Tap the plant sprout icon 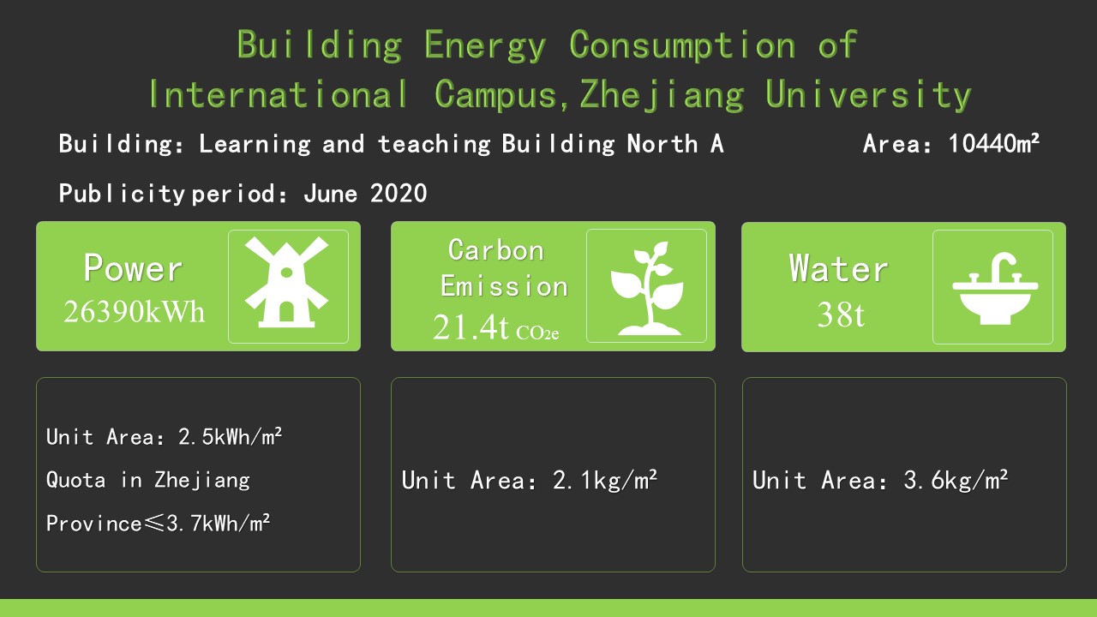pos(647,289)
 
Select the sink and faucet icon pos(995,289)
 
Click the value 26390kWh pos(134,311)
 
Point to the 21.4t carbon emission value pos(471,327)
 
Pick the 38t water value pos(841,314)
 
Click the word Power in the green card pos(133,268)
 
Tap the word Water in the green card pos(838,268)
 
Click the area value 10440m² pos(993,144)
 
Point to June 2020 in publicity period pos(365,193)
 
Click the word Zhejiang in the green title pos(662,95)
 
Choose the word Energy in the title pos(485,45)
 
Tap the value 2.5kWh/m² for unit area pos(231,436)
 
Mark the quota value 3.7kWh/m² pos(219,524)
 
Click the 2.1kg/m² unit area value pos(605,480)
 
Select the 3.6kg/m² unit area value pos(956,480)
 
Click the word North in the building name pos(662,144)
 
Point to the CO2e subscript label pos(537,333)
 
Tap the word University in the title pos(868,95)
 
